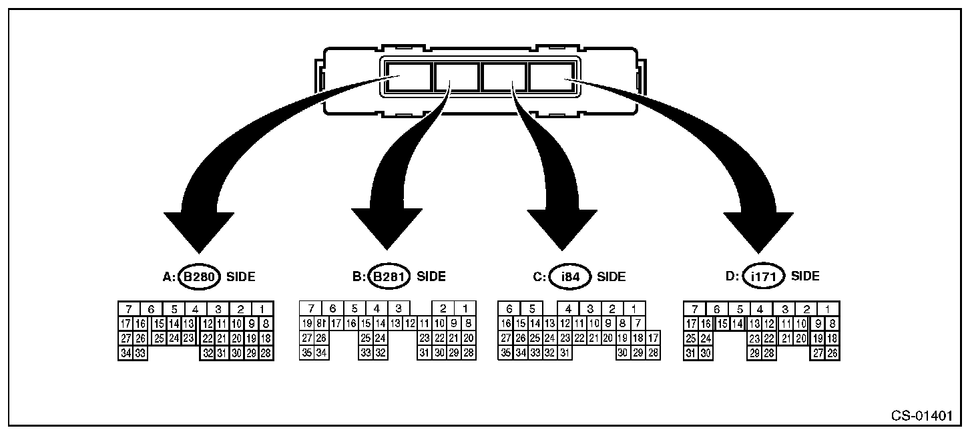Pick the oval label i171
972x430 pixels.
(x=762, y=276)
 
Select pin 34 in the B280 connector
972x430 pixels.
(x=125, y=353)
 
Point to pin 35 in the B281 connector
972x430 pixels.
(x=307, y=353)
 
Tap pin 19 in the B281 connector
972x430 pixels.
(x=307, y=324)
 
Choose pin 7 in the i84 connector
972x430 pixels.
(x=638, y=324)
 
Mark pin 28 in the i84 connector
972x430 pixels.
(x=654, y=353)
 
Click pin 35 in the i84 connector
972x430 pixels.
(x=506, y=353)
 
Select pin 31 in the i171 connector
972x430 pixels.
(x=692, y=353)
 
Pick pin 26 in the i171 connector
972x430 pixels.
(x=832, y=353)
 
